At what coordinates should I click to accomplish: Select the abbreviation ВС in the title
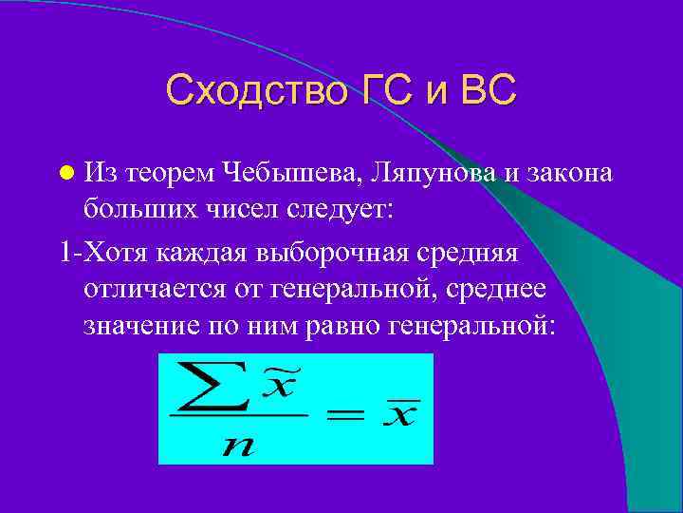tap(488, 90)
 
